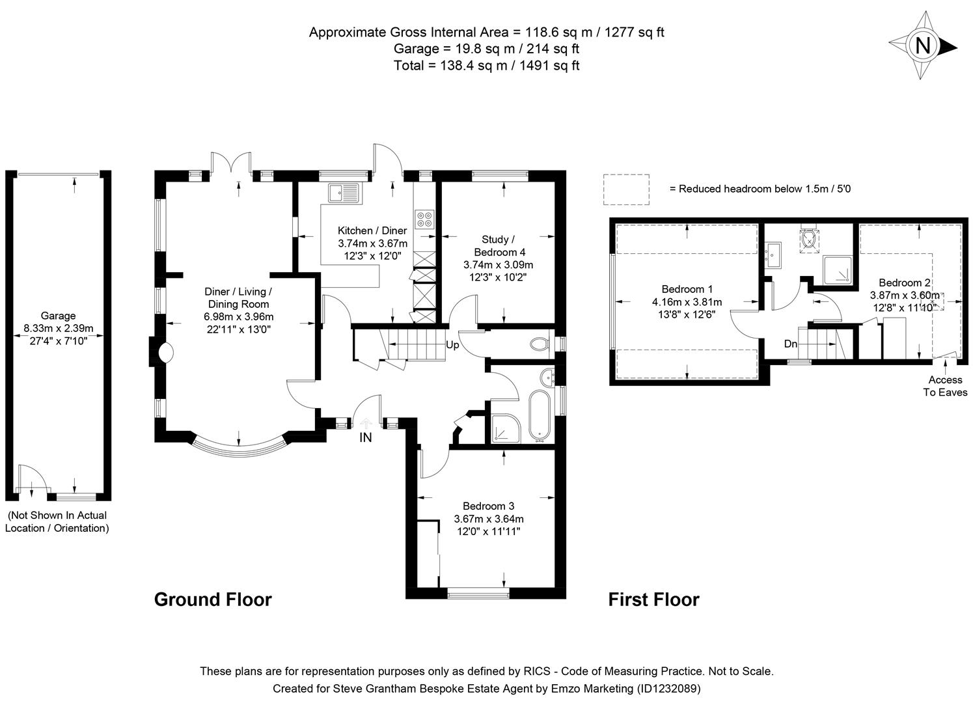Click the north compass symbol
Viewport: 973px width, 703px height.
pyautogui.click(x=922, y=46)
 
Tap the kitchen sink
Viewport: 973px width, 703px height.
pyautogui.click(x=344, y=193)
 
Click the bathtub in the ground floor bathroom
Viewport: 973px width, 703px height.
pyautogui.click(x=540, y=415)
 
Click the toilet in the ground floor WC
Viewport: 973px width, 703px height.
pyautogui.click(x=540, y=344)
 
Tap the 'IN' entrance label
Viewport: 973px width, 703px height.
pyautogui.click(x=366, y=437)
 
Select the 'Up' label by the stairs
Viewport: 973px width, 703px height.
pyautogui.click(x=452, y=345)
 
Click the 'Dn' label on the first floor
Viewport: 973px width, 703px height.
pyautogui.click(x=790, y=344)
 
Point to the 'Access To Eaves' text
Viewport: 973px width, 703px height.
pyautogui.click(x=945, y=386)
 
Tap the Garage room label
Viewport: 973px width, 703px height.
pyautogui.click(x=59, y=316)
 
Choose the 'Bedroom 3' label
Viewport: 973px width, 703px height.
pyautogui.click(x=488, y=506)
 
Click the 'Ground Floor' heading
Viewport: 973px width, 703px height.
pyautogui.click(x=213, y=600)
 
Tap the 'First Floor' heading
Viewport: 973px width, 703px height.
pyautogui.click(x=653, y=600)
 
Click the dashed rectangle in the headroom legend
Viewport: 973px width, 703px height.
pyautogui.click(x=626, y=189)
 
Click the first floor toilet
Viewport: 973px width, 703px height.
pyautogui.click(x=809, y=239)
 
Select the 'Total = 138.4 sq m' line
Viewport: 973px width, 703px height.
pyautogui.click(x=486, y=65)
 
